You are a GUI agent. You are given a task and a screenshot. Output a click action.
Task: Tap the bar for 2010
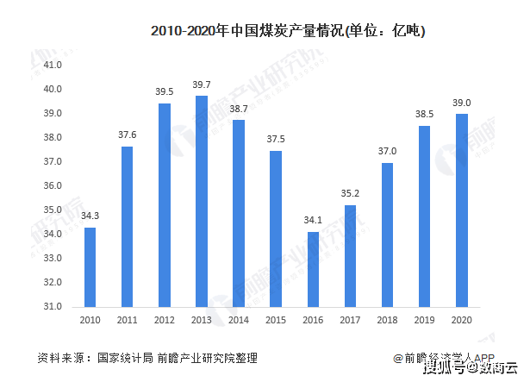[x=90, y=266]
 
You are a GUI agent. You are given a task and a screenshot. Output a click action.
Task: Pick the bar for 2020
[x=461, y=210]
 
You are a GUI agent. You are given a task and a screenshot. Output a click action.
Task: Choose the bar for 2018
[x=387, y=235]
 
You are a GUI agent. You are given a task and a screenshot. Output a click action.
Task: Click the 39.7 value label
[x=201, y=85]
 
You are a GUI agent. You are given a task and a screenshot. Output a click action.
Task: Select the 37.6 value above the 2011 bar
[x=127, y=135]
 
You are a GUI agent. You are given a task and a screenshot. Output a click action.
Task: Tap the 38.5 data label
[x=424, y=115]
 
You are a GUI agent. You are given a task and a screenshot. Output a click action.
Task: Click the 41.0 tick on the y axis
[x=53, y=66]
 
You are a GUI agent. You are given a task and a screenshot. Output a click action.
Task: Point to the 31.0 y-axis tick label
[x=53, y=307]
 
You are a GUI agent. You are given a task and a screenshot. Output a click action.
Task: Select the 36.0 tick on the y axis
[x=53, y=186]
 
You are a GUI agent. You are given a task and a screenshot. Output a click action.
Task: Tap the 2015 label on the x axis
[x=275, y=321]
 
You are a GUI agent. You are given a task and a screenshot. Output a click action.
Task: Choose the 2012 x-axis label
[x=164, y=321]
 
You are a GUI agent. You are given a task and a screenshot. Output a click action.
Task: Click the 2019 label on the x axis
[x=424, y=321]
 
